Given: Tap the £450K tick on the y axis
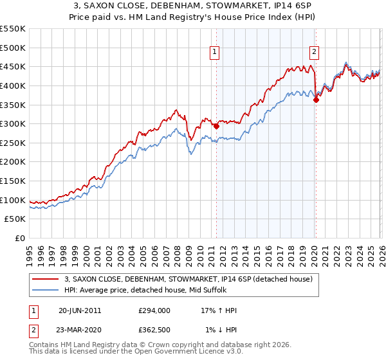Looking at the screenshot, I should pyautogui.click(x=13, y=66).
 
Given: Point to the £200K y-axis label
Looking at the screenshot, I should pyautogui.click(x=13, y=162).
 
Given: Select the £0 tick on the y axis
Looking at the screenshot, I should pyautogui.click(x=21, y=238).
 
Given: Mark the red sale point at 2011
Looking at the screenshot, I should pyautogui.click(x=216, y=127).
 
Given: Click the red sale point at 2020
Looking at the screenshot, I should pyautogui.click(x=316, y=100).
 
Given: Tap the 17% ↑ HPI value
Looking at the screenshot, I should pyautogui.click(x=219, y=310).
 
